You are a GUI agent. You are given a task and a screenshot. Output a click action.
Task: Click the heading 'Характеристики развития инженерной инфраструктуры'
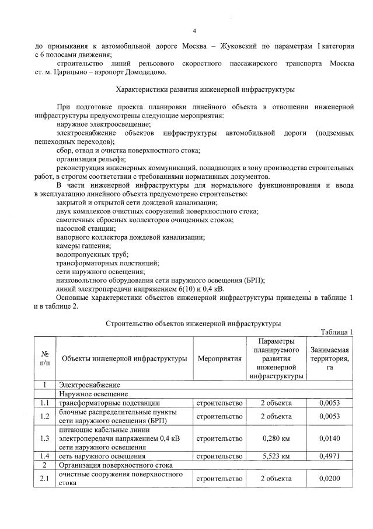tap(205, 89)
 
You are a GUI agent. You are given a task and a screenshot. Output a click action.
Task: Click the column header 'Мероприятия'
tap(219, 358)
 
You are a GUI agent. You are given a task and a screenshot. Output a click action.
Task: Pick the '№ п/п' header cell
tap(45, 358)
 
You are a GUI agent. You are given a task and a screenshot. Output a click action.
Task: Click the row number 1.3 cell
tap(45, 438)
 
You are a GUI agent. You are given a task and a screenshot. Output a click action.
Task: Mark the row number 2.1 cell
tap(45, 479)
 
